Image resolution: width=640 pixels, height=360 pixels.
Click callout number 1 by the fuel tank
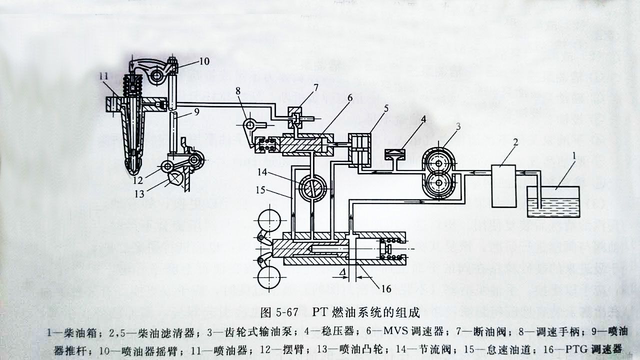[x=574, y=156]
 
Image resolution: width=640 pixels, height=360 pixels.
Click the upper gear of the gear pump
[x=438, y=161]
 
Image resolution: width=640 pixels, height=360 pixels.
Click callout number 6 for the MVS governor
[x=349, y=98]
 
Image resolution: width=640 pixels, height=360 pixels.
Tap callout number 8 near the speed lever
[x=238, y=91]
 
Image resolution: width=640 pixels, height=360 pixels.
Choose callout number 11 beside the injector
[x=103, y=76]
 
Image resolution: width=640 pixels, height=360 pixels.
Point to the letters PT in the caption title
[x=320, y=314]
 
